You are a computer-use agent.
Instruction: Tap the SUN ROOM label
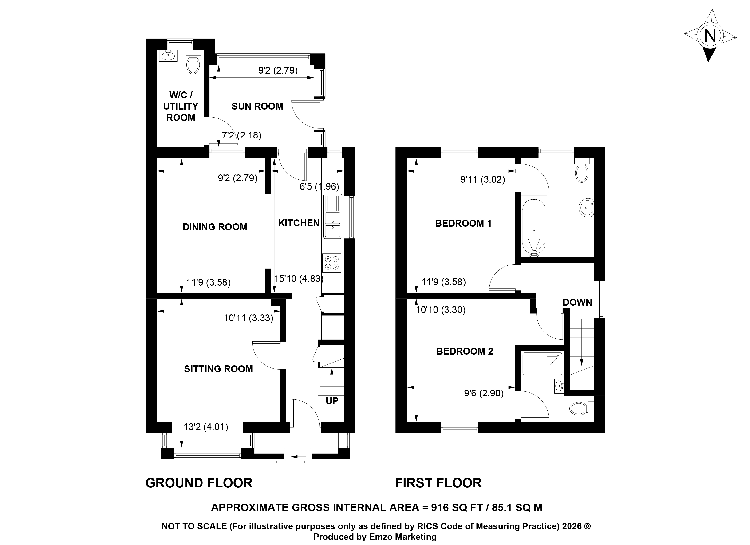[257, 106]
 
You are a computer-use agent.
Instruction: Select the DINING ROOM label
[215, 227]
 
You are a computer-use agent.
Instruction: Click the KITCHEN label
[299, 223]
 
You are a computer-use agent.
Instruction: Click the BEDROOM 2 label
[465, 351]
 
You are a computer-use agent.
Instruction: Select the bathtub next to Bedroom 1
[534, 228]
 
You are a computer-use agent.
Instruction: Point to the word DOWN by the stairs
[577, 302]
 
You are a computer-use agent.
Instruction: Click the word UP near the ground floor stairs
[332, 401]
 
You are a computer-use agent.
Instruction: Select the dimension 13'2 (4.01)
[206, 427]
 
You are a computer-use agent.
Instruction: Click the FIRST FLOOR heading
[438, 483]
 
